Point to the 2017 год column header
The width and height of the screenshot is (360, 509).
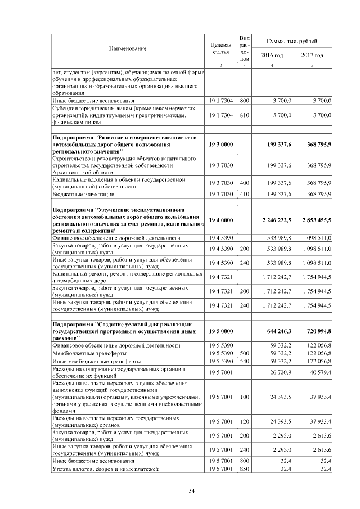[x=311, y=55]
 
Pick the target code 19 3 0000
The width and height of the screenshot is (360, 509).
[x=220, y=145]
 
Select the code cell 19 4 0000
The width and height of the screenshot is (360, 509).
[x=220, y=220]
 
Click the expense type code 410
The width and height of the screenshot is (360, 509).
[x=244, y=194]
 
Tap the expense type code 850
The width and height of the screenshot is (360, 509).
[x=244, y=469]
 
